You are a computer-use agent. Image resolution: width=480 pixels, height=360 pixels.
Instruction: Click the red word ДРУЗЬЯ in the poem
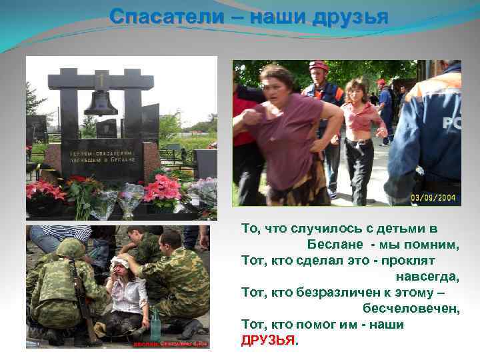coord(268,340)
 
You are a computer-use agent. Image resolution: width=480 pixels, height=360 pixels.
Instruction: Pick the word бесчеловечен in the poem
coord(411,308)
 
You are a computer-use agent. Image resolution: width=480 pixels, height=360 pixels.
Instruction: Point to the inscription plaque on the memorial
coord(101,156)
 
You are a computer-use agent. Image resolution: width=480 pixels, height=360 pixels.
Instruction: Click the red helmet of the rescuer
coord(318,65)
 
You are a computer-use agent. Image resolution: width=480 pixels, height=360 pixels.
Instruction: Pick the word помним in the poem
coord(436,244)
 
